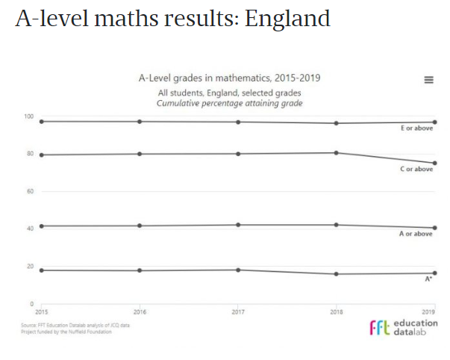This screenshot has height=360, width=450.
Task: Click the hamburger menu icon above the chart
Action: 428,80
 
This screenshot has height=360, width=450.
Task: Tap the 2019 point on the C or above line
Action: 434,163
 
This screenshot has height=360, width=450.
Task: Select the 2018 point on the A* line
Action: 337,274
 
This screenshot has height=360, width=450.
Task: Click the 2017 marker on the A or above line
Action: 238,225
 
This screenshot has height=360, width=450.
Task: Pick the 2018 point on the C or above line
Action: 337,152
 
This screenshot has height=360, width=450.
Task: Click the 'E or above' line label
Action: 416,129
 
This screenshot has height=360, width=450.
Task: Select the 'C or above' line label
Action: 416,170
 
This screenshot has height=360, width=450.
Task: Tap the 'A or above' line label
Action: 416,235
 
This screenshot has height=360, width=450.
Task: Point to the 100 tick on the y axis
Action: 30,117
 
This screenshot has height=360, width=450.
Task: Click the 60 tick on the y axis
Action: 31,192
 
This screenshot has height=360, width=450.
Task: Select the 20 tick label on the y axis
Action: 31,267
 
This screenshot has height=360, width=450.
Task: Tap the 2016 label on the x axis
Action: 140,311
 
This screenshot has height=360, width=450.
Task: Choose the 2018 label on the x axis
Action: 337,311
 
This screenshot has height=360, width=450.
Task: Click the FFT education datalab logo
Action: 404,327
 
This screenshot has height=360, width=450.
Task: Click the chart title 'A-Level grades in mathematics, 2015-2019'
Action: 230,78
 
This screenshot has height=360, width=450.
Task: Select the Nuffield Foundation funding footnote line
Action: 66,331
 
